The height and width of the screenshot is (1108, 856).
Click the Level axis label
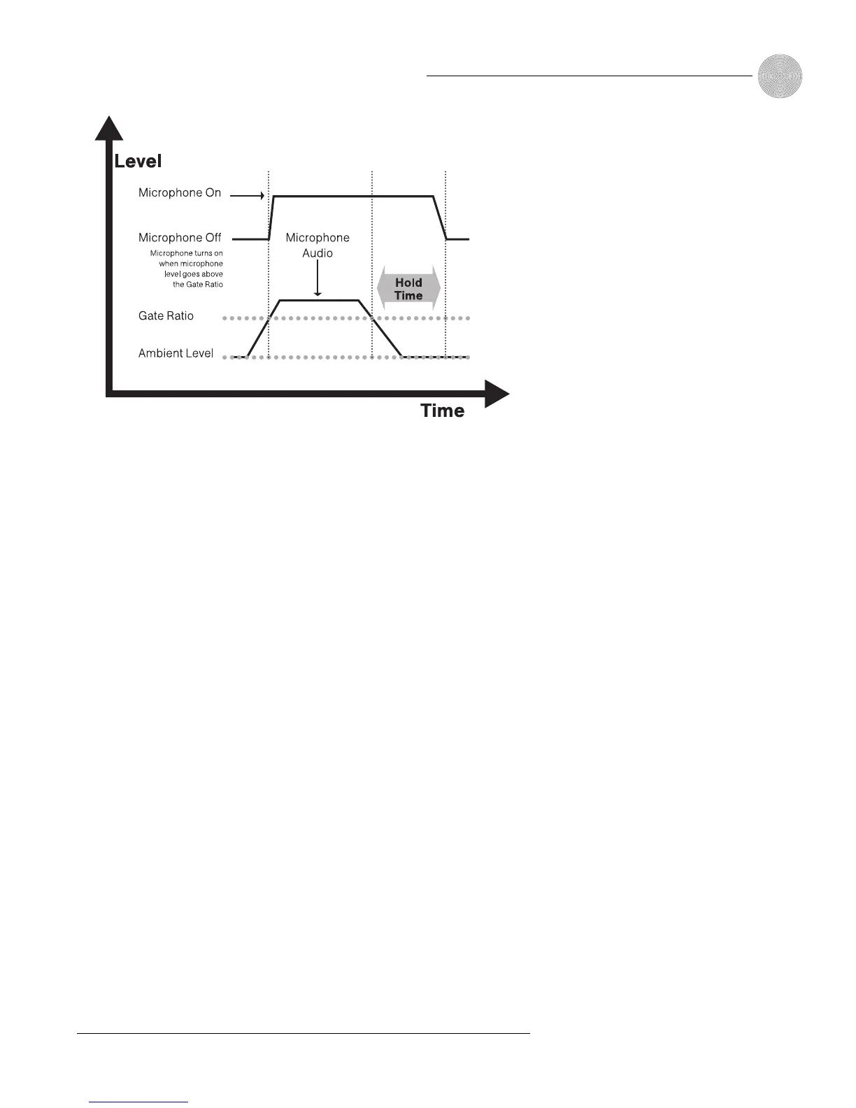pos(138,161)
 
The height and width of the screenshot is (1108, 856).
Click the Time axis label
pos(442,411)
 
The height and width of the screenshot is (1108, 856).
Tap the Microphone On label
pos(180,193)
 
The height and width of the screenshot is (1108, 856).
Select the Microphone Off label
pos(180,238)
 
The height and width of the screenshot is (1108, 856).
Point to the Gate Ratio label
pos(166,316)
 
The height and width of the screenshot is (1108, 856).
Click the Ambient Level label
pos(176,353)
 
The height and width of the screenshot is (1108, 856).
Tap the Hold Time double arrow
pos(408,289)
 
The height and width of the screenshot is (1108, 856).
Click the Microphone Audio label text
pos(318,246)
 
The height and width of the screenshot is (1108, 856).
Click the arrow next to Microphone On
pos(248,196)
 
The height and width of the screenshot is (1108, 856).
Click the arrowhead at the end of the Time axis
pos(497,395)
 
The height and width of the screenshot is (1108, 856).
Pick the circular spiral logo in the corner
pos(780,76)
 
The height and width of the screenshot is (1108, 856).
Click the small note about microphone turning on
pos(187,269)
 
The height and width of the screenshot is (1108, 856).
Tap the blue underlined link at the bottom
pos(138,1102)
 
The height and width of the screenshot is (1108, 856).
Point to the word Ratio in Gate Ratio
pos(180,316)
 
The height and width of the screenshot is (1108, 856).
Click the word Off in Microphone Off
pos(213,238)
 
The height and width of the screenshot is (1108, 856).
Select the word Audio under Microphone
pos(318,253)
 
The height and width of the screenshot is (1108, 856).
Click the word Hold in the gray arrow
pos(408,283)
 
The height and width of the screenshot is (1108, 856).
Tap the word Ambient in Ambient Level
pos(160,353)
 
